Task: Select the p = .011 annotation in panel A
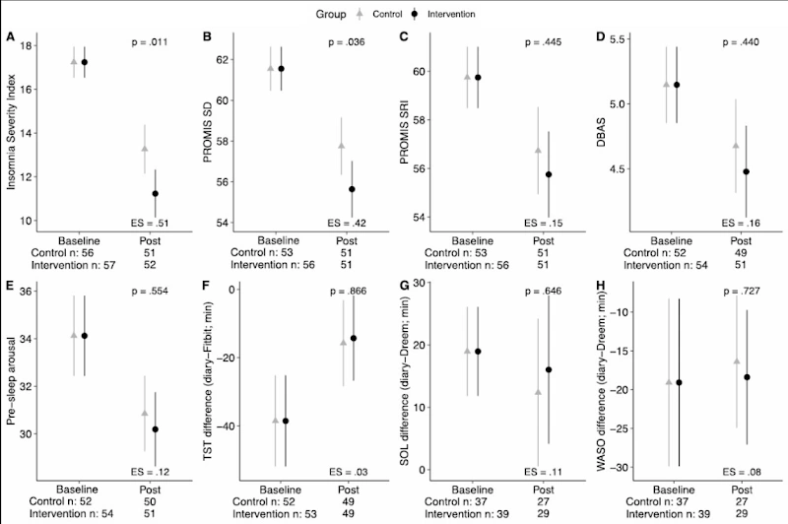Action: coord(151,43)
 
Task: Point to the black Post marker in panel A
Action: coord(155,194)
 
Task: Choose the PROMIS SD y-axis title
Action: coord(211,131)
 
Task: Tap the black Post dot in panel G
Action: coord(548,370)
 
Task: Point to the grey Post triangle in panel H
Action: coord(735,361)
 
